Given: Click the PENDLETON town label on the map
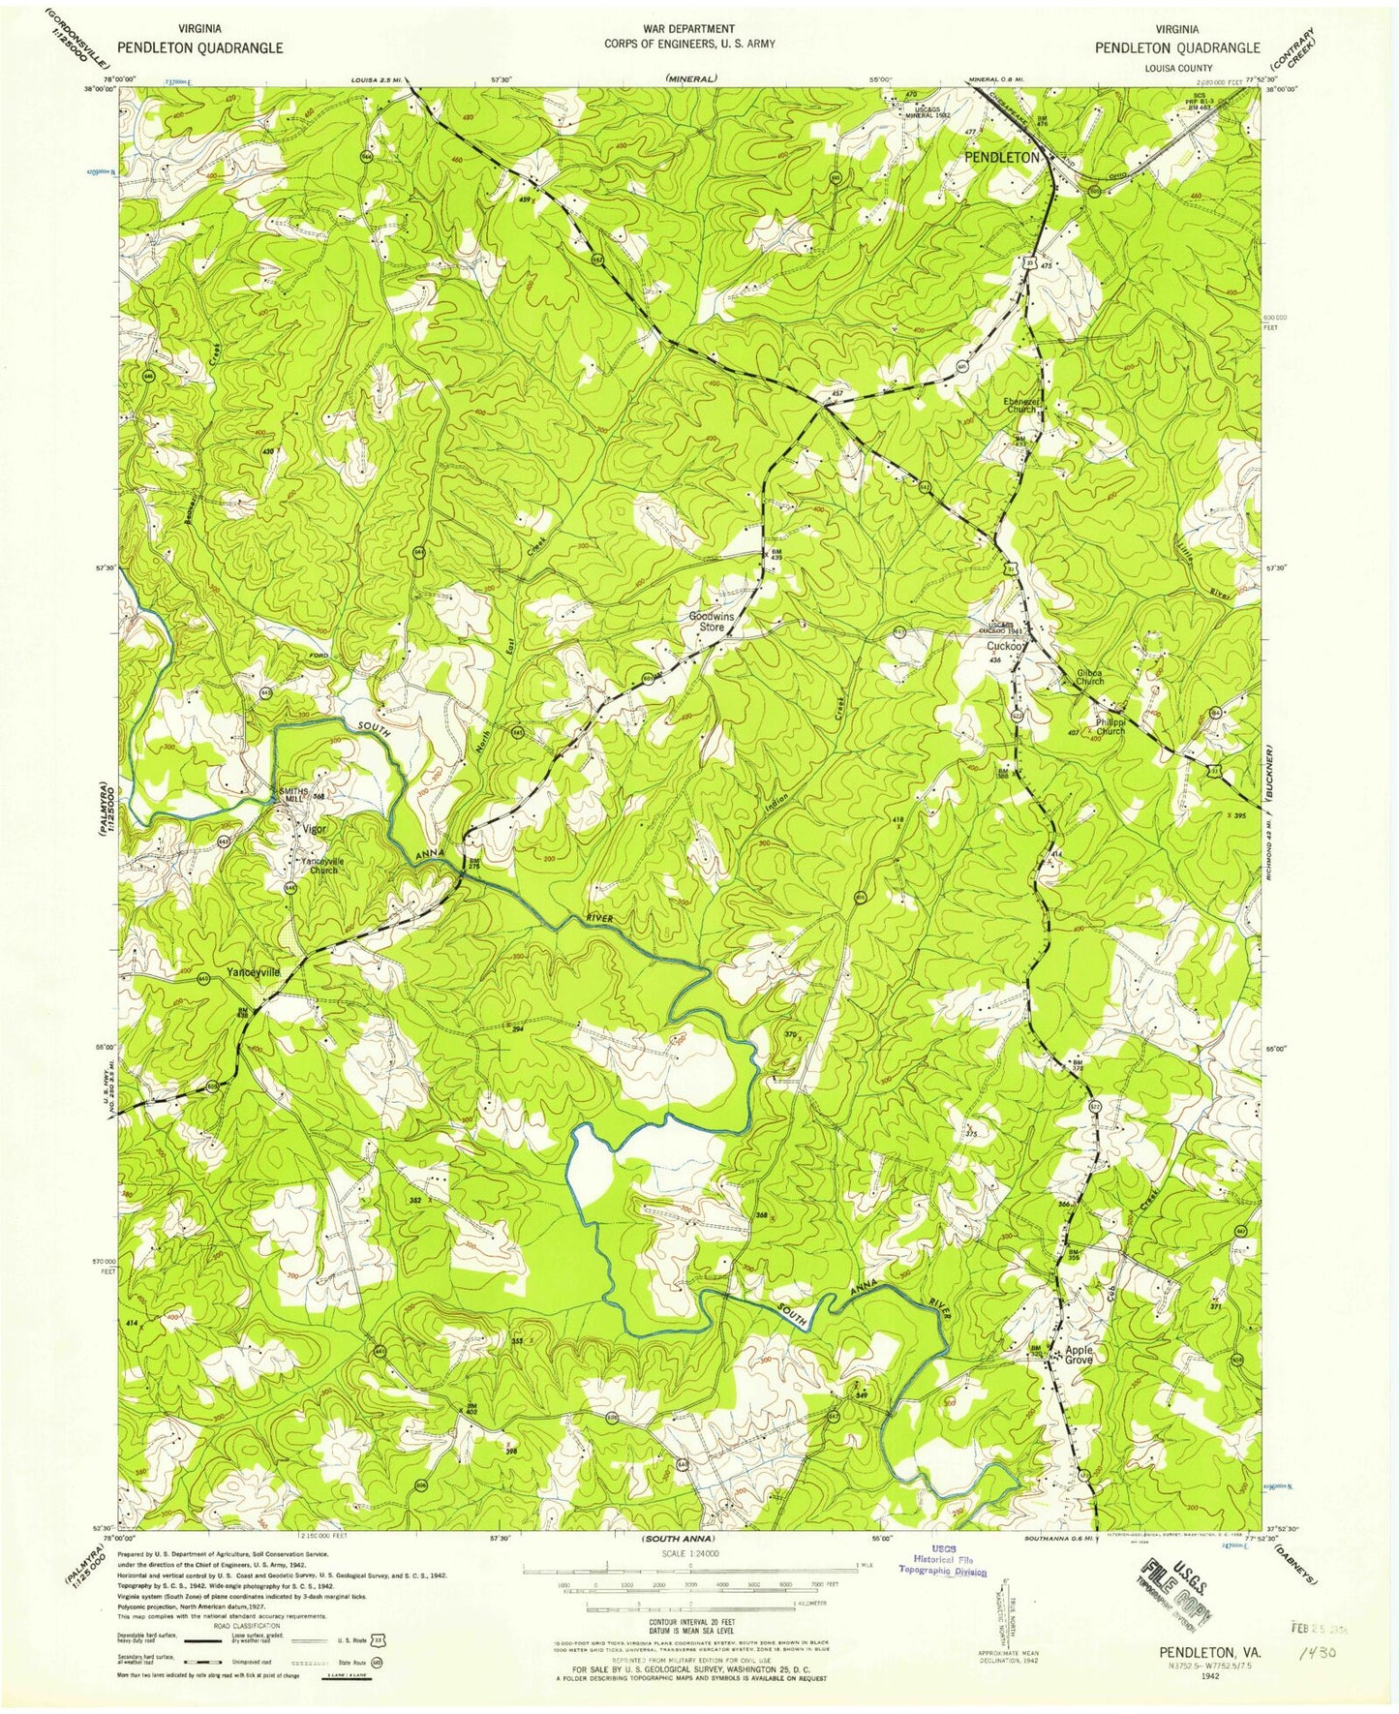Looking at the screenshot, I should pyautogui.click(x=1001, y=157).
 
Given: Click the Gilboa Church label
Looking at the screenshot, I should pyautogui.click(x=1090, y=677).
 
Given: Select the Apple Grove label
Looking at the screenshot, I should pyautogui.click(x=1079, y=1355).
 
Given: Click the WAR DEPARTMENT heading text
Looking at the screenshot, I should pyautogui.click(x=683, y=29).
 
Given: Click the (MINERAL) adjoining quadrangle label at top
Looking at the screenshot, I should pyautogui.click(x=690, y=77).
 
